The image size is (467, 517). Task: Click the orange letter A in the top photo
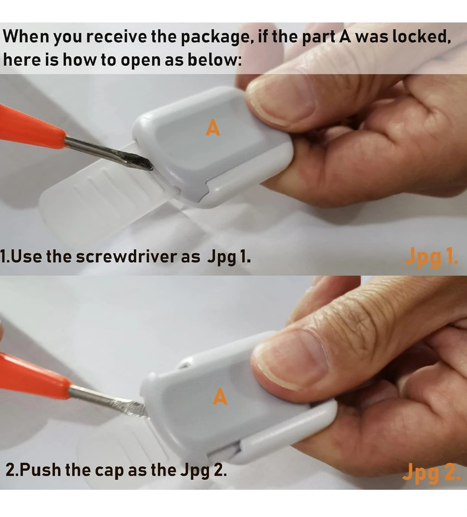point(213,127)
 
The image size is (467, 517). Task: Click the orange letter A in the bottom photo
point(220,396)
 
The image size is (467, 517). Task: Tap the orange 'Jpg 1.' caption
point(432,257)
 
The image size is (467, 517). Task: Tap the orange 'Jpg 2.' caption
point(431,472)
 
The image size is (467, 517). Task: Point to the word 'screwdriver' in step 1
point(127,256)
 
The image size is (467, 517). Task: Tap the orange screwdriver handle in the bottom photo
point(33,377)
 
